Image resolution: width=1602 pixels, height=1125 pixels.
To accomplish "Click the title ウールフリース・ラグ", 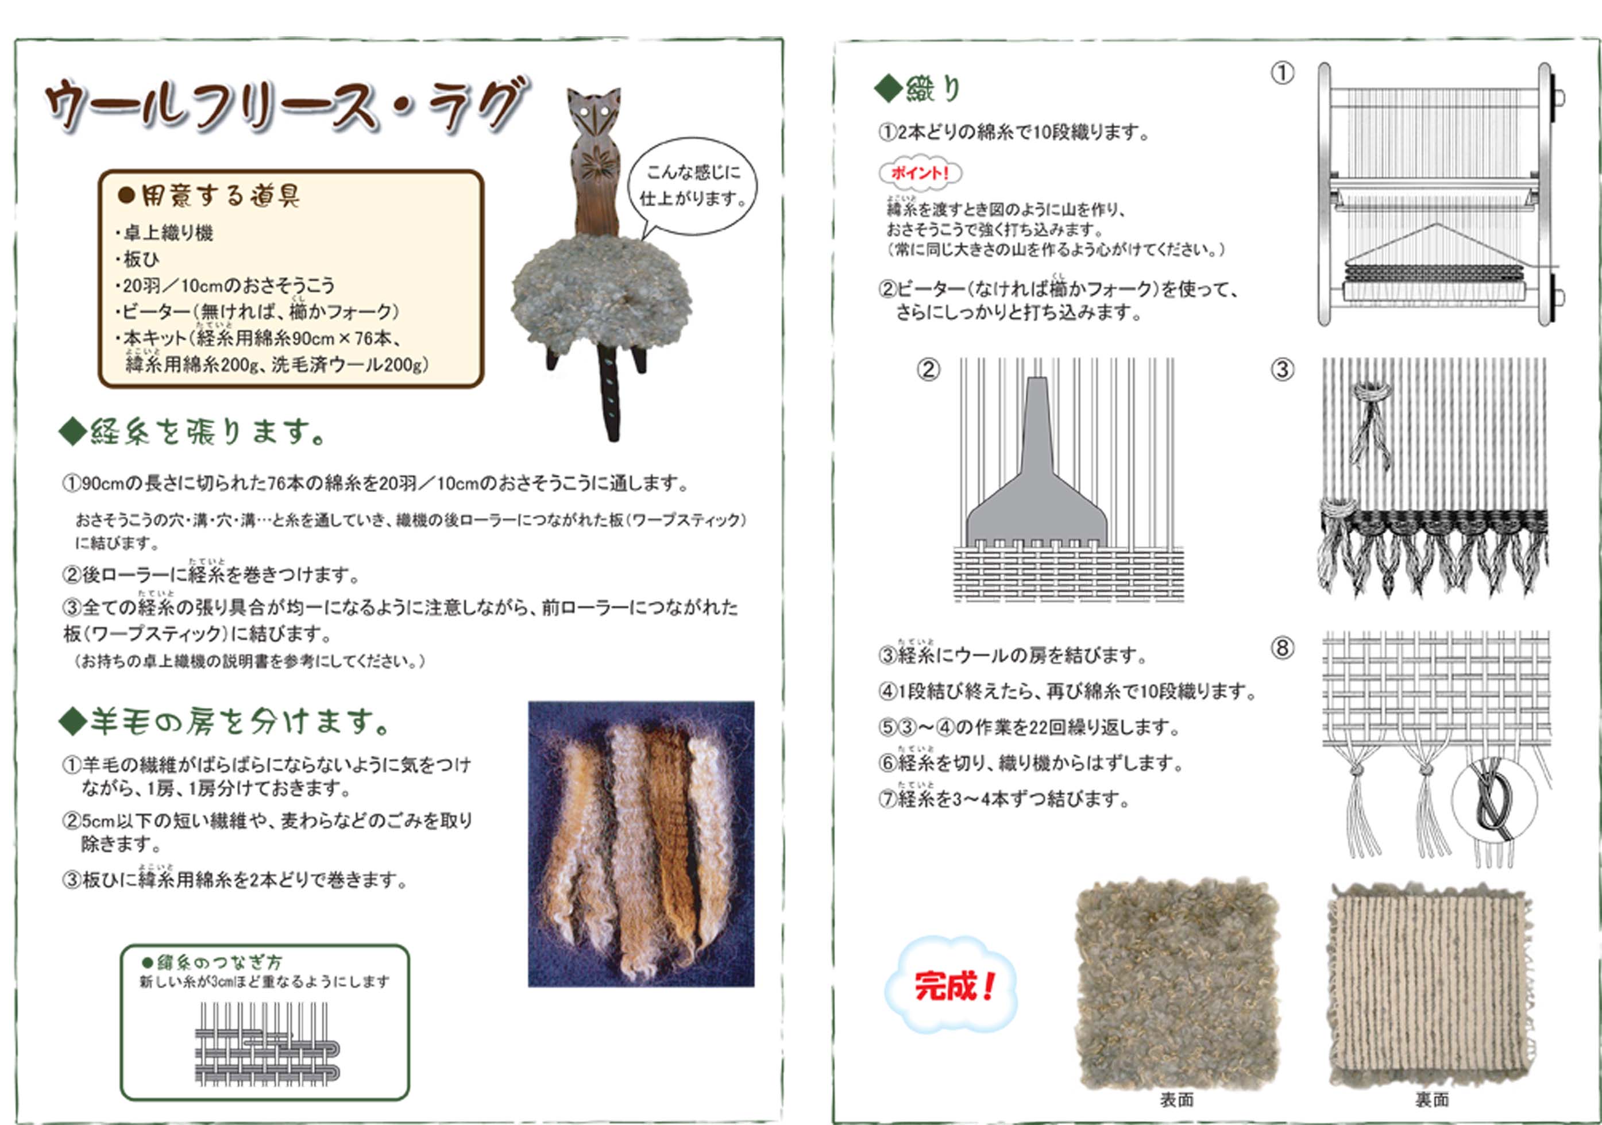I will click(x=286, y=106).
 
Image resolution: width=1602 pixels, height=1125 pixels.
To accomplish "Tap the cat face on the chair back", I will click(x=594, y=111).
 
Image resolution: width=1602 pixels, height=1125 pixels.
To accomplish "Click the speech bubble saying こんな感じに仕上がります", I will click(x=692, y=186).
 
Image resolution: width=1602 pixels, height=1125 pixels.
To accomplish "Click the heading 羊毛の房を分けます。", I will click(x=227, y=722).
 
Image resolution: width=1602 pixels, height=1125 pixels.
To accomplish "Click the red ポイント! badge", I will click(x=920, y=172).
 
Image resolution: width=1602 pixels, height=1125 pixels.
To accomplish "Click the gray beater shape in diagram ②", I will click(x=1037, y=475).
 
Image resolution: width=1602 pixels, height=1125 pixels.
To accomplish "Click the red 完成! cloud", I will click(x=952, y=985).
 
